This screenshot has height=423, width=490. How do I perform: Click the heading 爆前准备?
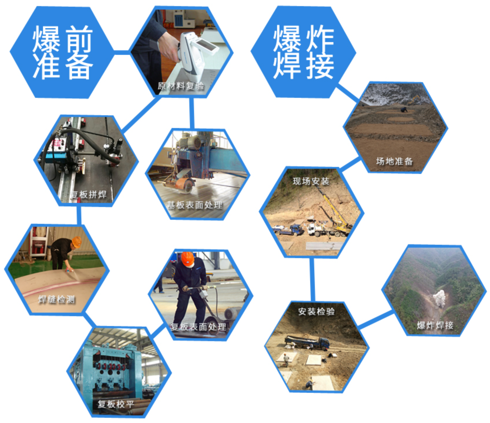pyautogui.click(x=62, y=52)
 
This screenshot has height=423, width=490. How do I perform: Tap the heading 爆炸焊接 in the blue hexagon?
pyautogui.click(x=304, y=52)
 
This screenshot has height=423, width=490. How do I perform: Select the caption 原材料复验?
pyautogui.click(x=181, y=86)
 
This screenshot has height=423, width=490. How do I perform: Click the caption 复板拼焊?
pyautogui.click(x=89, y=195)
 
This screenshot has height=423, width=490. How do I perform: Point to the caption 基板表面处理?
pyautogui.click(x=195, y=205)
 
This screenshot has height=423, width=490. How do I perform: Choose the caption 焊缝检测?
pyautogui.click(x=56, y=299)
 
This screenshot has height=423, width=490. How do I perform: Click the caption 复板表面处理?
pyautogui.click(x=198, y=327)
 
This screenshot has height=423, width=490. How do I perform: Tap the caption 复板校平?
pyautogui.click(x=116, y=404)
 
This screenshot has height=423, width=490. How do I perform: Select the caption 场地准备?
pyautogui.click(x=394, y=161)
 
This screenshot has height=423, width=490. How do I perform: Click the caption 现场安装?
pyautogui.click(x=311, y=181)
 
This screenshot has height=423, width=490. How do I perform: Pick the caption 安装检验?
pyautogui.click(x=316, y=312)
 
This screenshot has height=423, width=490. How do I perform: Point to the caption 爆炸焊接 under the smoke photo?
pyautogui.click(x=435, y=325)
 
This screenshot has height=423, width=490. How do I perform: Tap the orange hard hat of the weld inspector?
pyautogui.click(x=76, y=242)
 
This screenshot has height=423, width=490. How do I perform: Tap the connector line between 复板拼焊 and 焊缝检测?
pyautogui.click(x=79, y=215)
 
